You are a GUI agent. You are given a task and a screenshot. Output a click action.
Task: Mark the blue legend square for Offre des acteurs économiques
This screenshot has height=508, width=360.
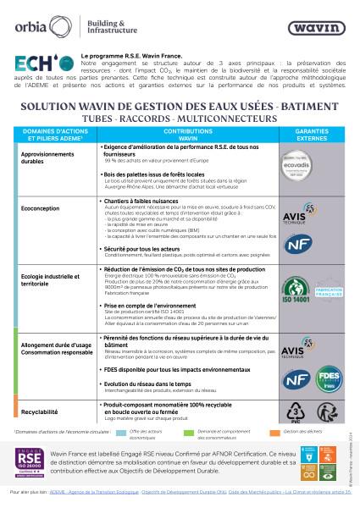point(121,433)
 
